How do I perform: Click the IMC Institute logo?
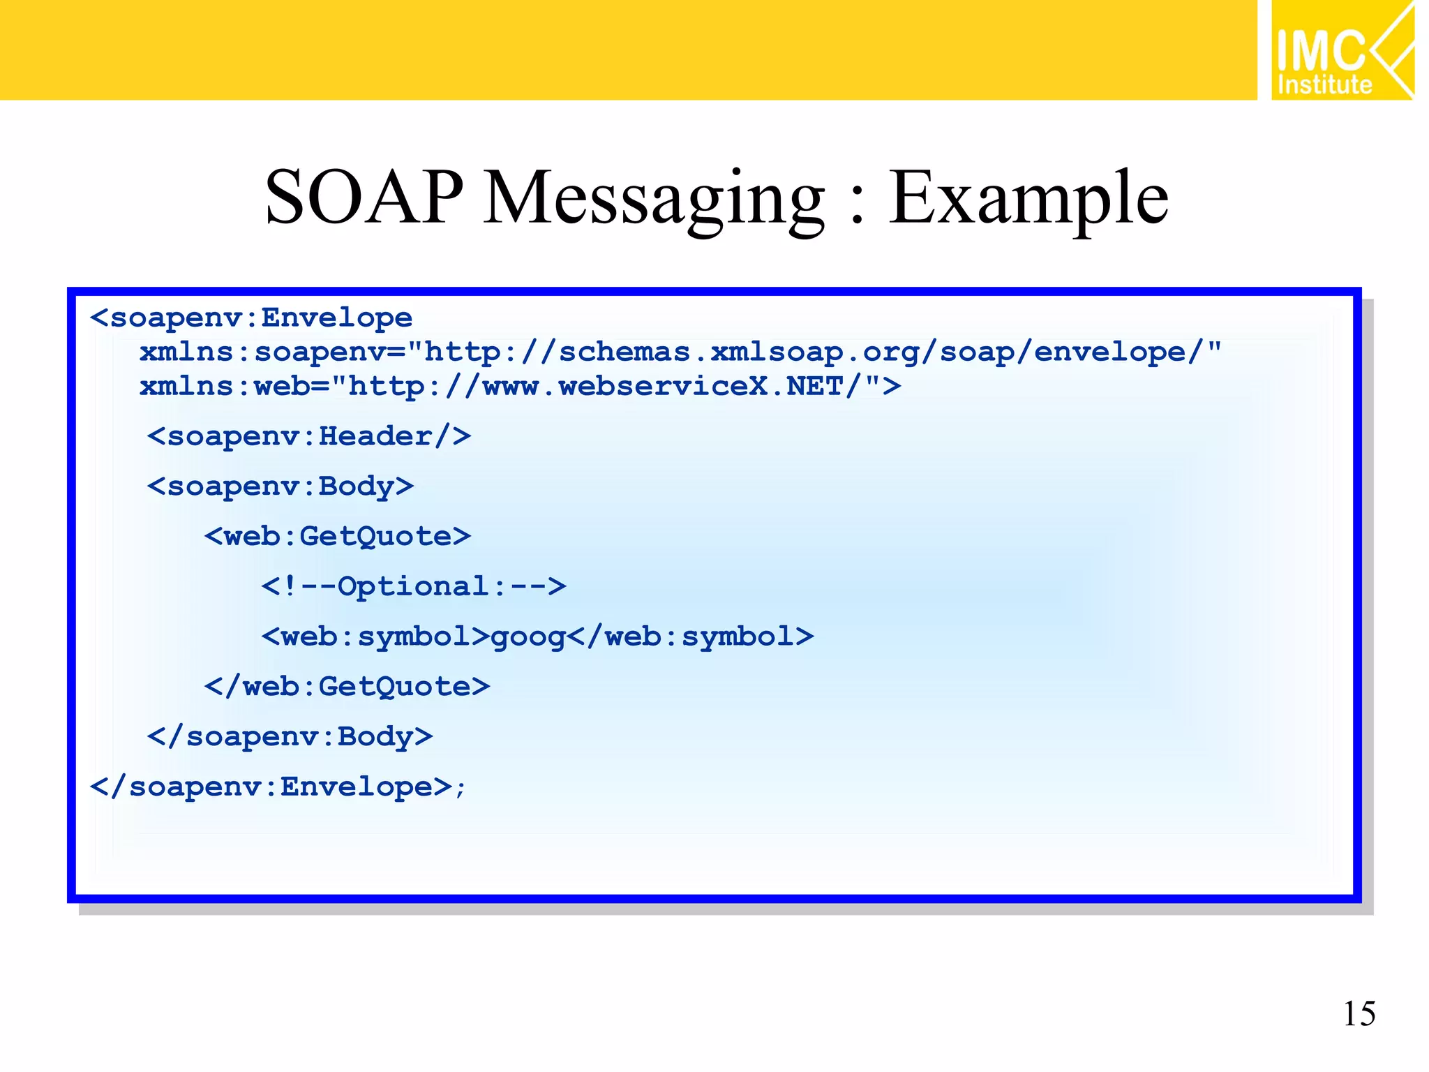pyautogui.click(x=1341, y=50)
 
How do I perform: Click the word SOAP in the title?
pyautogui.click(x=364, y=198)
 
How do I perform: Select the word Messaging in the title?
pyautogui.click(x=654, y=198)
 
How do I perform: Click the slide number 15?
pyautogui.click(x=1359, y=1013)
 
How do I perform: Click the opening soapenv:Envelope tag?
pyautogui.click(x=251, y=318)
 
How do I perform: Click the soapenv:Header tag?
pyautogui.click(x=308, y=437)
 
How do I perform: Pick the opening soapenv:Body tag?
pyautogui.click(x=280, y=486)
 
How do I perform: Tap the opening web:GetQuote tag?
pyautogui.click(x=337, y=537)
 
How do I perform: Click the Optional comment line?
pyautogui.click(x=413, y=586)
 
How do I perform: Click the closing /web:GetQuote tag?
pyautogui.click(x=347, y=687)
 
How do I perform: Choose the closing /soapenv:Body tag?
pyautogui.click(x=290, y=737)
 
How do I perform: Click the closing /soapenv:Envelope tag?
pyautogui.click(x=272, y=787)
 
